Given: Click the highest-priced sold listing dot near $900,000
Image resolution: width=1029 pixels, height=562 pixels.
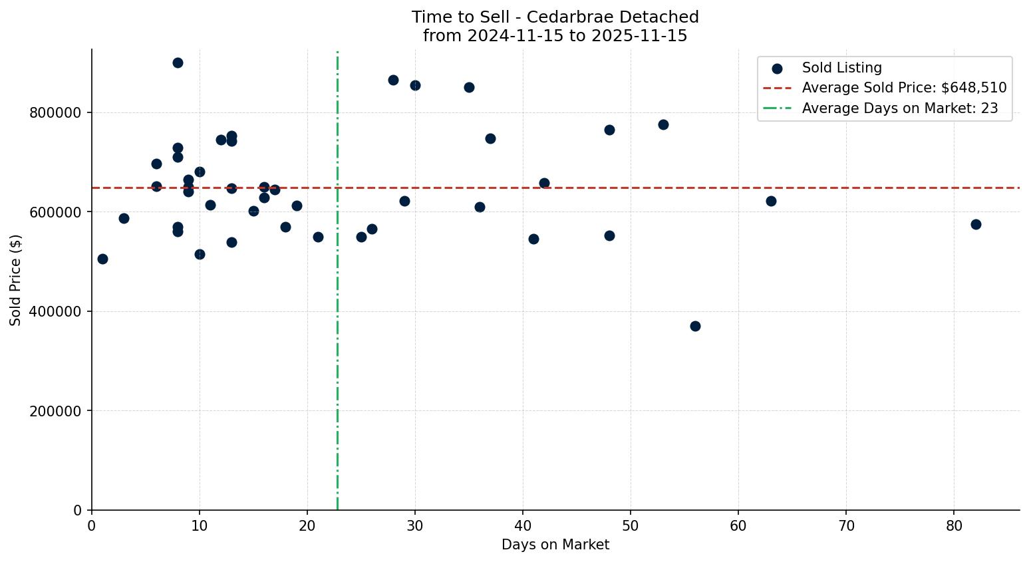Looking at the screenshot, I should [x=178, y=63].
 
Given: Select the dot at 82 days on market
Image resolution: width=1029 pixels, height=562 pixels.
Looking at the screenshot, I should [x=976, y=224].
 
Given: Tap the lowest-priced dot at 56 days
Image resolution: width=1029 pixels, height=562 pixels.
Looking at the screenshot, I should [x=695, y=326].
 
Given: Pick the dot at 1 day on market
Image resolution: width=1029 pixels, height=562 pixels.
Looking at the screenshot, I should [x=102, y=259].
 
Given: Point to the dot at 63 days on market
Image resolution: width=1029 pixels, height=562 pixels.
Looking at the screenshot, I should [x=771, y=201].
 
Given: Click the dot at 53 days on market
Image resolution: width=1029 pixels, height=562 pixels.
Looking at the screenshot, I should [x=663, y=124].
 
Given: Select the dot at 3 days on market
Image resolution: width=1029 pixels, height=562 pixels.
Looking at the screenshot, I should [x=124, y=218].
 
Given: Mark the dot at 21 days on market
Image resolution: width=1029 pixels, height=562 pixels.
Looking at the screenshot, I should [x=318, y=237].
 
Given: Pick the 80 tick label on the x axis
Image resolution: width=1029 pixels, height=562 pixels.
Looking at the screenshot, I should [x=954, y=525].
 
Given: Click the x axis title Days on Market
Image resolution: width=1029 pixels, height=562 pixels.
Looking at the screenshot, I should [x=555, y=545].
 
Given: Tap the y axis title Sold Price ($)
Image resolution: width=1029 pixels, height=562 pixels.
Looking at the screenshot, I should [x=15, y=280].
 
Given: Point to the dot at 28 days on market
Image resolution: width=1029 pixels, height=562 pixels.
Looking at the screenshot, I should [x=393, y=80].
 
